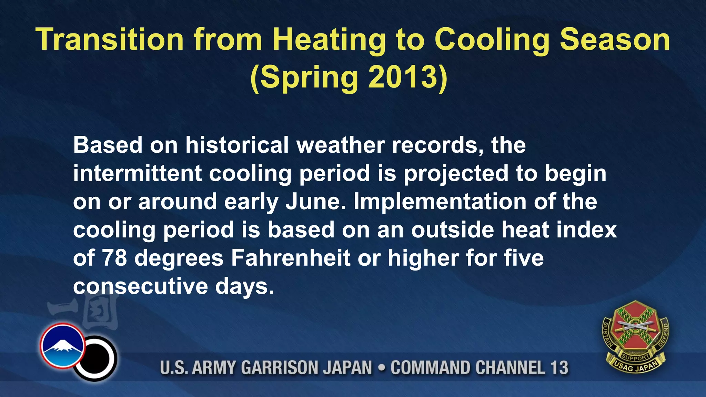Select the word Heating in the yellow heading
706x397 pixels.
coord(329,41)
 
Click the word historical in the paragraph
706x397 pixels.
coord(237,145)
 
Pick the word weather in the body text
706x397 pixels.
coord(340,145)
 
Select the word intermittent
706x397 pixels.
coord(137,173)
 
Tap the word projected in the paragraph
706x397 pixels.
coord(456,174)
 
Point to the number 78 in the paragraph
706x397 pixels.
coord(114,258)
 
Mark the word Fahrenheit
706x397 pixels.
coord(290,258)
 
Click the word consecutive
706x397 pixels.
coord(140,286)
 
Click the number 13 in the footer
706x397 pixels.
coord(559,367)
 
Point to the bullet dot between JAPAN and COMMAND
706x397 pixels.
coord(381,368)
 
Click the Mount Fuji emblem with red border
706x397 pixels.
coord(62,346)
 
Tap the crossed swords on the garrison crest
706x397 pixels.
coord(635,326)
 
